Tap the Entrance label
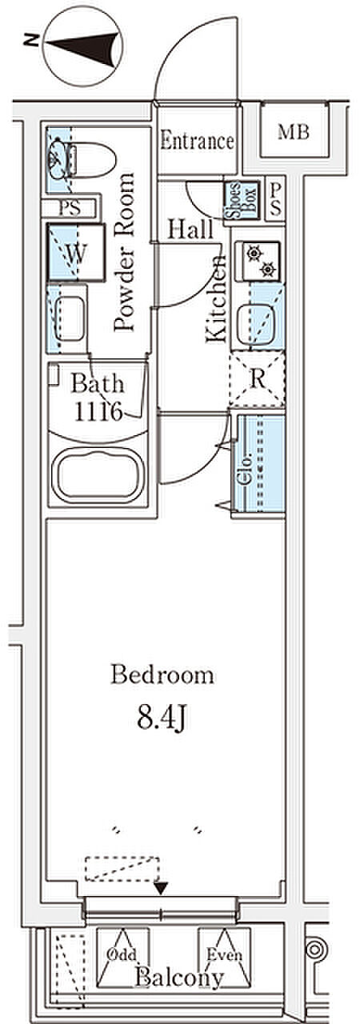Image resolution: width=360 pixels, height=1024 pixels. [x=197, y=142]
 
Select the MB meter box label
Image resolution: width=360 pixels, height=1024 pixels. [x=294, y=133]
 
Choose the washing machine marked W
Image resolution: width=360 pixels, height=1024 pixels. [x=77, y=252]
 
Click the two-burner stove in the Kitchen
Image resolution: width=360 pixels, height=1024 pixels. [x=258, y=262]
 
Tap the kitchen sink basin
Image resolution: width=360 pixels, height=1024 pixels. [x=255, y=322]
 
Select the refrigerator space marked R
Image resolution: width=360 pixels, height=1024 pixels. [x=258, y=379]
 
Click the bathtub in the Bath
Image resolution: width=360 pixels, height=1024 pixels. [x=98, y=475]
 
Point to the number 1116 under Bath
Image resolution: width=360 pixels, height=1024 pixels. [x=98, y=412]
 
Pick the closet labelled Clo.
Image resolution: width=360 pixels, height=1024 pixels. [x=258, y=463]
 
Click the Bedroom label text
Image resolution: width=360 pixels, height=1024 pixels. [x=162, y=674]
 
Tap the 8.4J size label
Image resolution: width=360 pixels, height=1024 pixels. [x=162, y=718]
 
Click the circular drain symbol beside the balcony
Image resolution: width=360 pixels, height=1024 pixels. [x=316, y=949]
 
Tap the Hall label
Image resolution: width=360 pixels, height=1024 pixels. [x=190, y=230]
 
